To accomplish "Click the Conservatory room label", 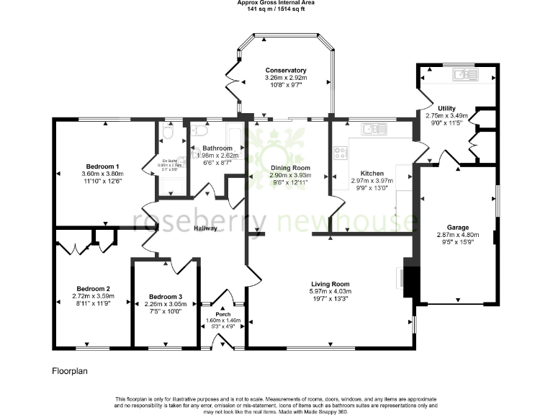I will tap(286, 70).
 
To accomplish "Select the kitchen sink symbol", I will tap(374, 129).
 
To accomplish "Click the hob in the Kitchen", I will tap(341, 153).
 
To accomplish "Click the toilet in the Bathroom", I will tap(197, 130).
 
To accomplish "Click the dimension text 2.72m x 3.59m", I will tap(91, 296).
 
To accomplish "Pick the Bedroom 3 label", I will tap(166, 297).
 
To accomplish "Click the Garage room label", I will tap(457, 226).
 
